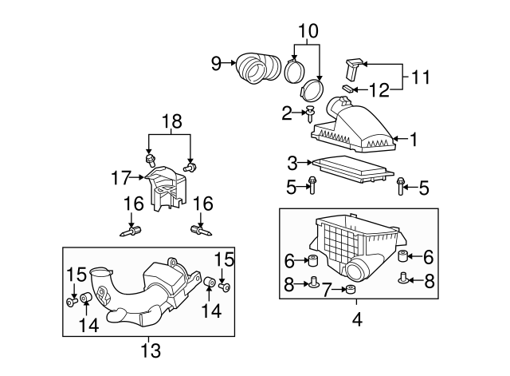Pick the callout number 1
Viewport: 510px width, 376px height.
click(413, 139)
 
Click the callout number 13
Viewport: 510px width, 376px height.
click(150, 350)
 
